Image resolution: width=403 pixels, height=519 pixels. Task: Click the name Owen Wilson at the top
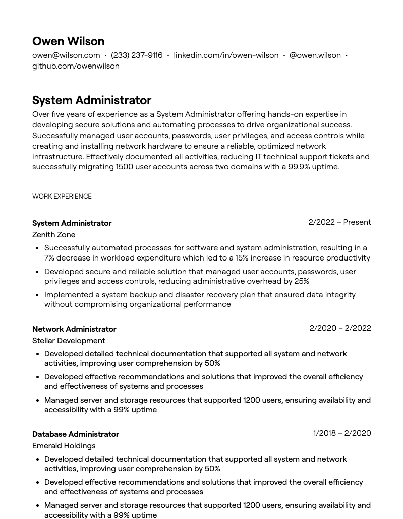68,41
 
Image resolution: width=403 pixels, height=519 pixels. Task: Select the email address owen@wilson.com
66,55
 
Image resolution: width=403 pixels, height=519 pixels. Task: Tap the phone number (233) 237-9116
137,55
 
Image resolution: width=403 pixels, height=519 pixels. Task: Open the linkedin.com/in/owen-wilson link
226,55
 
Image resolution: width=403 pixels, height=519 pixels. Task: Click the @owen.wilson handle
315,55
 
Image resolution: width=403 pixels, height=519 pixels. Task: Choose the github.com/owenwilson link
76,66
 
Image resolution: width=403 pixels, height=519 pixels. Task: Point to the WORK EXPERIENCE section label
62,197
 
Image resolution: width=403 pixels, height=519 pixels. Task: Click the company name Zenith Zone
53,235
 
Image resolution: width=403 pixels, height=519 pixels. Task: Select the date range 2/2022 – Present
339,222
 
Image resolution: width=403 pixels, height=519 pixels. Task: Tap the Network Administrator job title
74,329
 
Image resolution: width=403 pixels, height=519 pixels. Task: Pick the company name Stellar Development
69,341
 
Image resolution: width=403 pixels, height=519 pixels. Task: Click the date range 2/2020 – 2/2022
340,328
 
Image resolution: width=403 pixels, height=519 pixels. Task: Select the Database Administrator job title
76,434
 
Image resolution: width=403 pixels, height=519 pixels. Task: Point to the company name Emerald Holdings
64,446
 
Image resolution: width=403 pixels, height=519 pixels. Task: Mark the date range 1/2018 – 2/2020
341,433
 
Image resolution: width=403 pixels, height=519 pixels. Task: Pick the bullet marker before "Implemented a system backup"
37,295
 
